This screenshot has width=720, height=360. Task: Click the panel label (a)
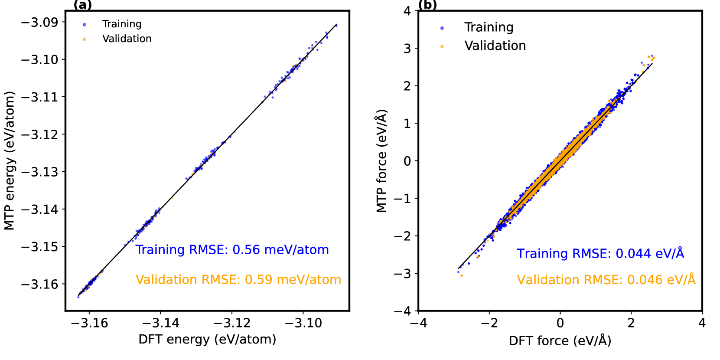click(82, 5)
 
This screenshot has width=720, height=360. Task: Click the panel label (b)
click(427, 5)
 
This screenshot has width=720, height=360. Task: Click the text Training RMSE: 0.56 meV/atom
click(232, 250)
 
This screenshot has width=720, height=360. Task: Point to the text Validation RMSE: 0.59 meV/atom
click(238, 280)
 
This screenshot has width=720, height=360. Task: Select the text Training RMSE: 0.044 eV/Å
click(600, 253)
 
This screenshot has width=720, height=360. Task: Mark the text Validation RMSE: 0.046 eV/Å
click(606, 280)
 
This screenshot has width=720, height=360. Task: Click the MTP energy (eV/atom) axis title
click(9, 160)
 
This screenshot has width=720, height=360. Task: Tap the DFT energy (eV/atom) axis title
click(207, 339)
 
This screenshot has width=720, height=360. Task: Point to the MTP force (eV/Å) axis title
click(381, 161)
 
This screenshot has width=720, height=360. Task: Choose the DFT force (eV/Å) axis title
click(560, 340)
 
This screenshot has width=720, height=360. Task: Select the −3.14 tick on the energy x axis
click(160, 323)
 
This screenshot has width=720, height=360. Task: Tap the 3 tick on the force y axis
click(407, 49)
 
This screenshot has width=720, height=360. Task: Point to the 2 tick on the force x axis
click(631, 323)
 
